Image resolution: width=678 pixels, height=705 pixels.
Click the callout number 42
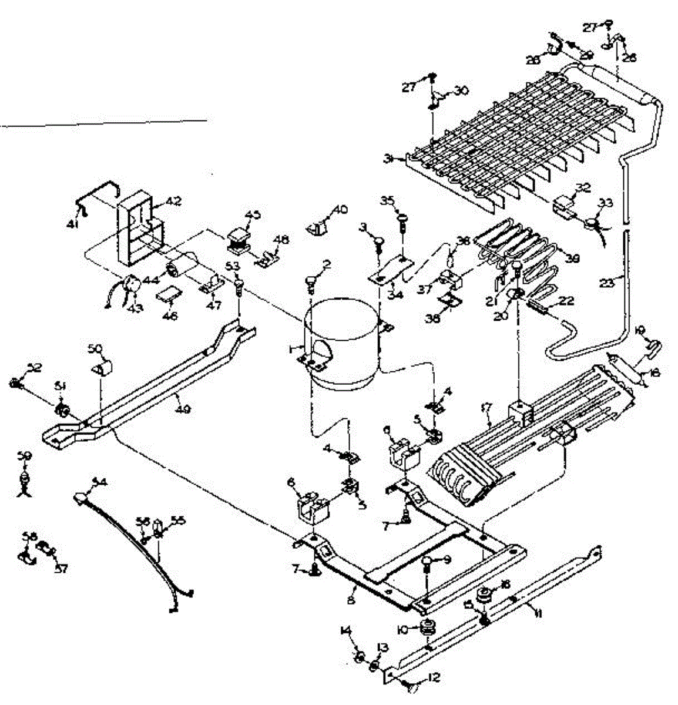click(x=174, y=201)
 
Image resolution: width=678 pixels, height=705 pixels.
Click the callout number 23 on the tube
click(x=607, y=283)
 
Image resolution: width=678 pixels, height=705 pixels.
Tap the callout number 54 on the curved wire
click(x=100, y=482)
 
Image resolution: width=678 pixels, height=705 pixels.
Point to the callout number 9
click(x=447, y=560)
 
